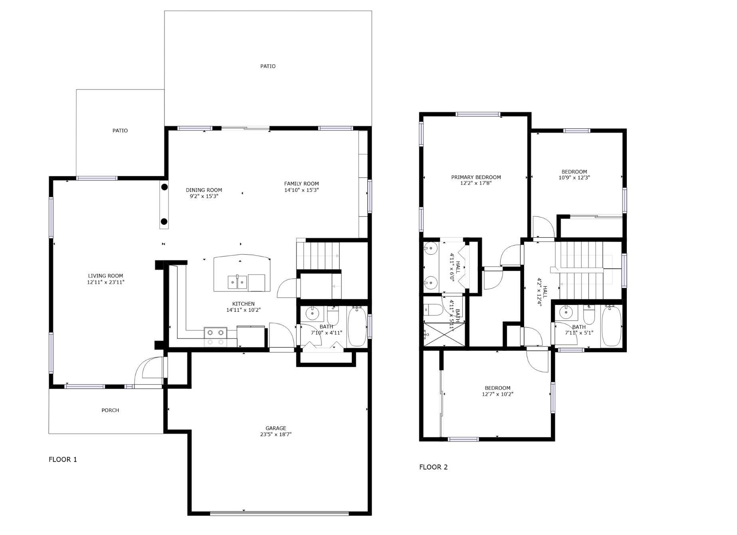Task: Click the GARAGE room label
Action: point(275,428)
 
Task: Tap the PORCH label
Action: point(110,410)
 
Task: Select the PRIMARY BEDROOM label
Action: point(476,177)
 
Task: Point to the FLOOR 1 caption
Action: point(63,459)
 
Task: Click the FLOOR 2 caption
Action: point(433,467)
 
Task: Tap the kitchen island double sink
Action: point(238,282)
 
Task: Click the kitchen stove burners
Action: point(216,337)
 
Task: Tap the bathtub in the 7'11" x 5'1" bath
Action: point(611,326)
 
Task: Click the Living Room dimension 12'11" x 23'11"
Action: point(106,282)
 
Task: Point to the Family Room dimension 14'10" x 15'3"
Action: point(301,190)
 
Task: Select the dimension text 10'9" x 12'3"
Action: point(574,178)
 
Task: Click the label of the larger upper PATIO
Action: point(268,66)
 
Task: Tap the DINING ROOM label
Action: point(204,190)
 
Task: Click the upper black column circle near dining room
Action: point(164,187)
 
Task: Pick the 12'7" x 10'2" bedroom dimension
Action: point(497,394)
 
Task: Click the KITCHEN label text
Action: point(243,304)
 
